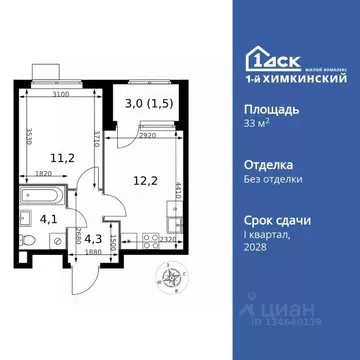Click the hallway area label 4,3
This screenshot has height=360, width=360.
point(92,237)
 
